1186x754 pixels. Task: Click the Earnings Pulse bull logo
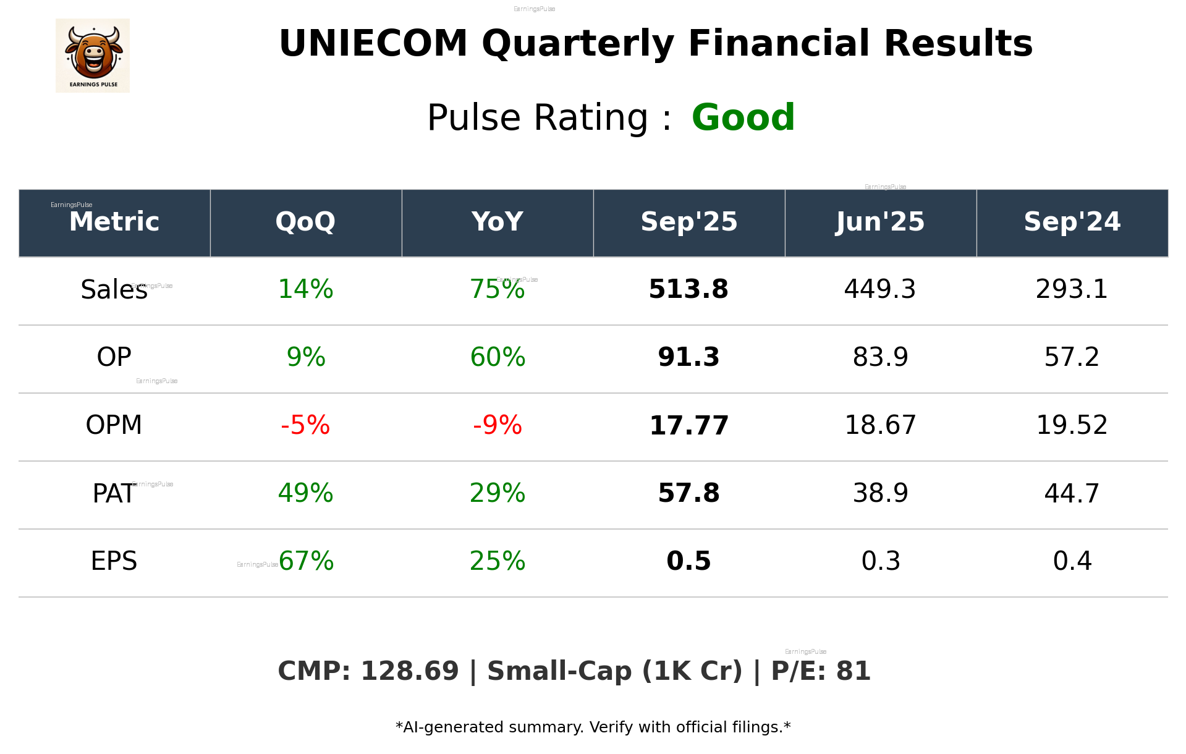[x=93, y=56]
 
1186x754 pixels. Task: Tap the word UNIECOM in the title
[x=373, y=44]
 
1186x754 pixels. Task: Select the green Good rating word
[x=743, y=117]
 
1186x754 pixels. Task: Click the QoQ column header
[x=305, y=222]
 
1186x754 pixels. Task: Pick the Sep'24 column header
[x=1072, y=222]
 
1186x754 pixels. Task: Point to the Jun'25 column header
[x=880, y=222]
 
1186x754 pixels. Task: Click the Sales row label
[x=114, y=289]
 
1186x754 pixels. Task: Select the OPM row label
[x=114, y=425]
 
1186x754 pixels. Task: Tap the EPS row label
[x=114, y=561]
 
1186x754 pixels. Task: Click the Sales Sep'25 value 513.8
[x=688, y=289]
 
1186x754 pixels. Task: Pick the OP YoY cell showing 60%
[x=498, y=357]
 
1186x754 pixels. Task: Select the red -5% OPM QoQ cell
[x=305, y=425]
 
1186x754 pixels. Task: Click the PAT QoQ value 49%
[x=305, y=493]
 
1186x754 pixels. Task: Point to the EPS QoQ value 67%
[x=307, y=561]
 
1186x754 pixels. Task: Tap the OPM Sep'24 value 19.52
[x=1072, y=425]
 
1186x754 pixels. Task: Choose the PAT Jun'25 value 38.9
[x=880, y=493]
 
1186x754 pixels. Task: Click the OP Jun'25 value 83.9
[x=880, y=357]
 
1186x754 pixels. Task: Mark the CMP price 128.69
[x=409, y=672]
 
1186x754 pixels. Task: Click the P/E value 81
[x=853, y=672]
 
